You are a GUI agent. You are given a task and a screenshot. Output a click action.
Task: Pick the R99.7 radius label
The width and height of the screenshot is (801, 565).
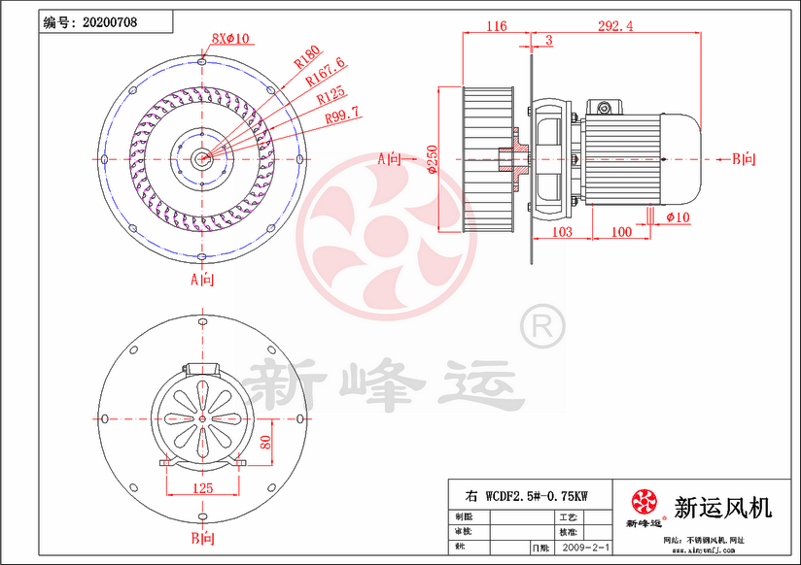tap(342, 116)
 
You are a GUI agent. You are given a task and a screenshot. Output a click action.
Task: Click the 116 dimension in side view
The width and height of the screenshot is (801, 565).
tap(496, 26)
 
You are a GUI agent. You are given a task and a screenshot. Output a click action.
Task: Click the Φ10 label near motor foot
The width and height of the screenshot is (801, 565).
tap(678, 217)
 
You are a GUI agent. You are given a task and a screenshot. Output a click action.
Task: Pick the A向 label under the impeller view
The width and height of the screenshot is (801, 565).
tap(202, 280)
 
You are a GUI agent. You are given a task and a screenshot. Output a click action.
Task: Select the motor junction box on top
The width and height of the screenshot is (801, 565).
tap(610, 105)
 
